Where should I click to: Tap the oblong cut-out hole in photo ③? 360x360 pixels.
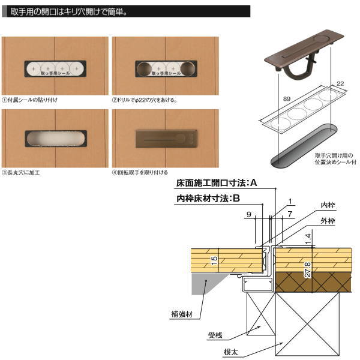click(55, 139)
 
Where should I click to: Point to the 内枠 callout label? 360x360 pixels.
click(328, 205)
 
